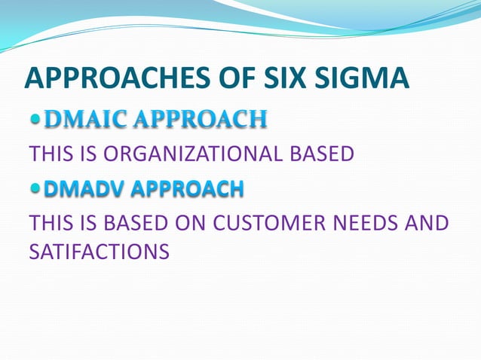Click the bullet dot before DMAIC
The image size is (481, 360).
coord(35,120)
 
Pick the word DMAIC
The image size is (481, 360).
coord(78,120)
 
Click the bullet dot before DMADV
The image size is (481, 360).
coord(35,189)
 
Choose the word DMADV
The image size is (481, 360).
coord(83,189)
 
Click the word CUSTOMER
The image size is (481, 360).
coord(275,224)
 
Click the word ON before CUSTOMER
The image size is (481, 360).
coord(195,224)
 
